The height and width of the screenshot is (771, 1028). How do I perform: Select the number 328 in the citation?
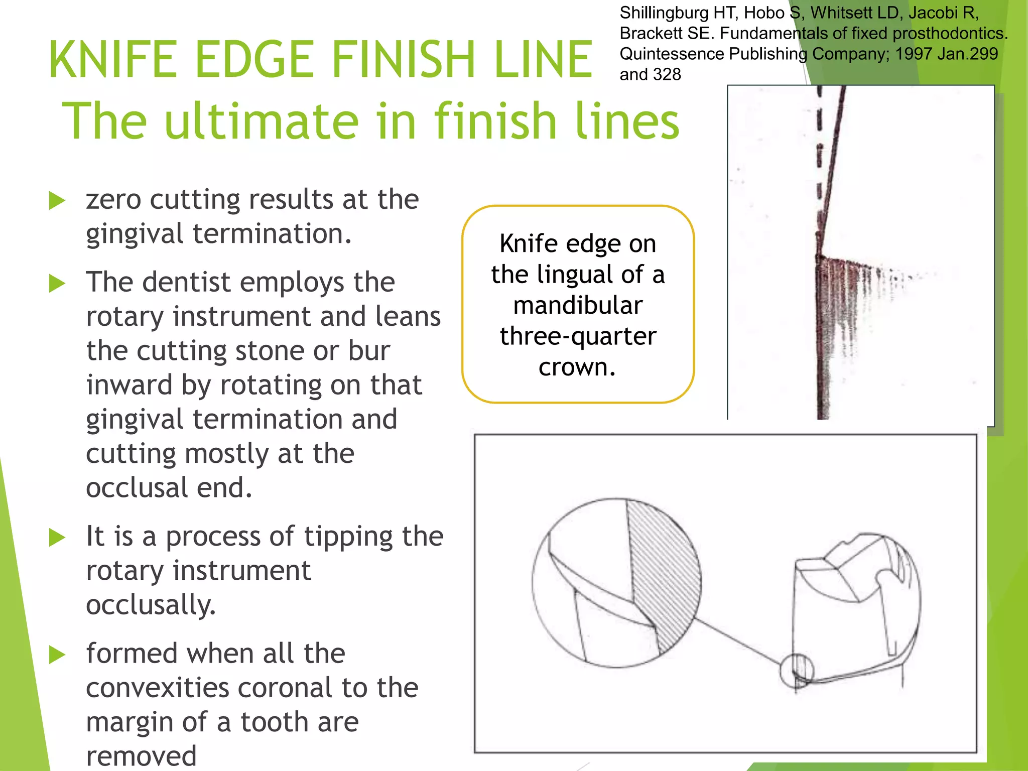tap(666, 74)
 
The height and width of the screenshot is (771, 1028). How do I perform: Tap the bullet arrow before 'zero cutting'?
tap(57, 201)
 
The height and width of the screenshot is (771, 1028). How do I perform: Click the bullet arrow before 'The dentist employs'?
tap(57, 284)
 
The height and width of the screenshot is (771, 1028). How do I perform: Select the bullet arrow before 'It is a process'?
tap(57, 538)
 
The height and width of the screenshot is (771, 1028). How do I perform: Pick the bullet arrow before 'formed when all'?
tap(57, 655)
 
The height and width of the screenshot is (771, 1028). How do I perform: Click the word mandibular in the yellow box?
tap(578, 306)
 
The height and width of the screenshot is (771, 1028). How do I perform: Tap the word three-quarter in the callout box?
tap(578, 336)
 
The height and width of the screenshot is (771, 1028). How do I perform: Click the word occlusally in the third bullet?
tap(151, 605)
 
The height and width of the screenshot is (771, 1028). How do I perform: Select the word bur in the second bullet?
tap(369, 351)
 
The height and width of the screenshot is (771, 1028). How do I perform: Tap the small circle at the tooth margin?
tap(796, 671)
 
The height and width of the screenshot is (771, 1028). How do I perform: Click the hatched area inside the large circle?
tap(663, 577)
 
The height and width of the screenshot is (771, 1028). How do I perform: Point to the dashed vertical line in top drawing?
tap(819, 151)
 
